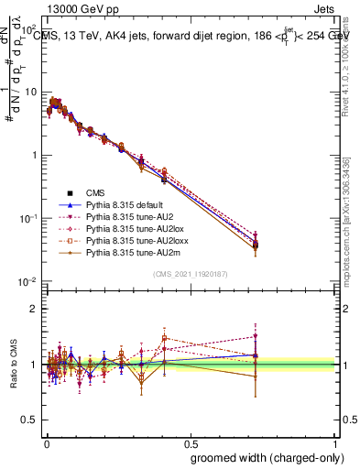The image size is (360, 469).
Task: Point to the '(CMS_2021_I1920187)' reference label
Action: pyautogui.click(x=190, y=273)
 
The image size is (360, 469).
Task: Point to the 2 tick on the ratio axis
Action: pyautogui.click(x=33, y=309)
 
